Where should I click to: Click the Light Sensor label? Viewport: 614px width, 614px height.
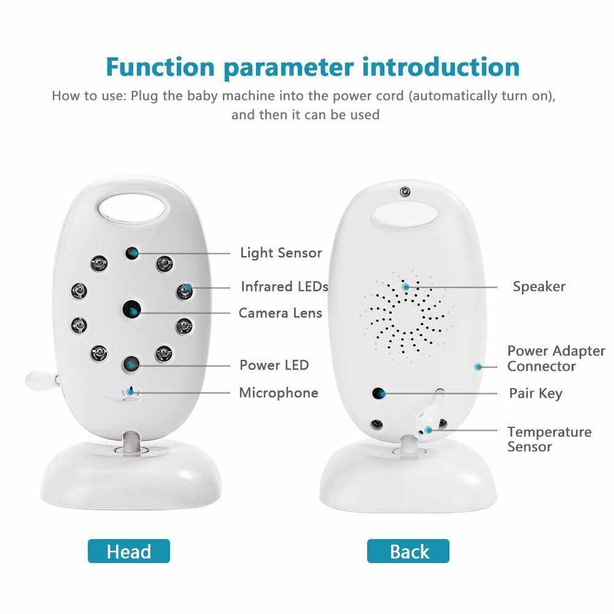click(x=281, y=253)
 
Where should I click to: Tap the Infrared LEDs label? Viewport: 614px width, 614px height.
click(x=284, y=287)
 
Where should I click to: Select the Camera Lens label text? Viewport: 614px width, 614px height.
click(x=281, y=313)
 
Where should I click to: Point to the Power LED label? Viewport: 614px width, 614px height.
click(x=274, y=365)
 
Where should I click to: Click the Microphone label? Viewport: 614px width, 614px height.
click(x=278, y=393)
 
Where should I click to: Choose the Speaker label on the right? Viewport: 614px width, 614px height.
click(x=539, y=287)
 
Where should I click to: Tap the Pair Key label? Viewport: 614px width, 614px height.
click(x=535, y=394)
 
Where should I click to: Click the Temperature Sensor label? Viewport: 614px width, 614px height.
click(x=550, y=440)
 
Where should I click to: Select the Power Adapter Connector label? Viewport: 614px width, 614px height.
click(x=556, y=359)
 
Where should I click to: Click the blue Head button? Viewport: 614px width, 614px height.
click(x=129, y=551)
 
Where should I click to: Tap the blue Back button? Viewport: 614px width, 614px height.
click(x=408, y=551)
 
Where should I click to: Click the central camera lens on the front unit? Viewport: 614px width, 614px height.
click(x=132, y=309)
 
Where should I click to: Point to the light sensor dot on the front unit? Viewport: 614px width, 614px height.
click(x=132, y=253)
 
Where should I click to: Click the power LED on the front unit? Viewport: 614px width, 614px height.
click(x=131, y=364)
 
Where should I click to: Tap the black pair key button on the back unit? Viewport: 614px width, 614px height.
click(x=378, y=393)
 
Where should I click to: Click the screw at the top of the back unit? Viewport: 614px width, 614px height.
click(x=405, y=192)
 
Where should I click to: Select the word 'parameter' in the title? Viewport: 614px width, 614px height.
click(x=289, y=68)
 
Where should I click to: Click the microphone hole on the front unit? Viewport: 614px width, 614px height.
click(x=131, y=392)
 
